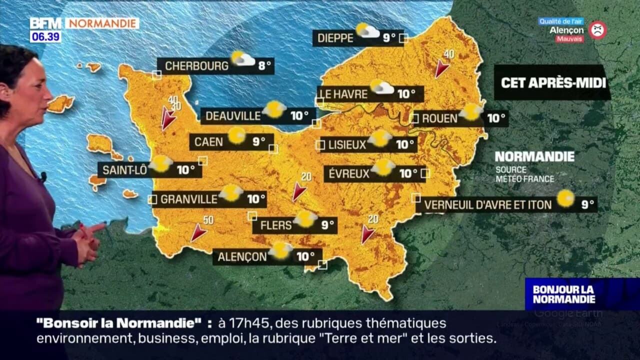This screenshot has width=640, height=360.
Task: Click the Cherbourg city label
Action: click(196, 66)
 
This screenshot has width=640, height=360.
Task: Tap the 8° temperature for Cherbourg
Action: click(264, 65)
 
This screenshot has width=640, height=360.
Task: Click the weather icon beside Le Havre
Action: click(381, 87)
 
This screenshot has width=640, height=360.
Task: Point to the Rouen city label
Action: click(439, 118)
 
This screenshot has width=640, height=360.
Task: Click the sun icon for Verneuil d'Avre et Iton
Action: click(565, 198)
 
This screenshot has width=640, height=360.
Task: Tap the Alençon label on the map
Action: click(242, 257)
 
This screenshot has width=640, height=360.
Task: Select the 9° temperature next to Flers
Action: click(327, 225)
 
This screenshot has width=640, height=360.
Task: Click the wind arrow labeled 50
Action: click(198, 232)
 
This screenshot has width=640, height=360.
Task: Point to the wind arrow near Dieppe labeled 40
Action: click(441, 68)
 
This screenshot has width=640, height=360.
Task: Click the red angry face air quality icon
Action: click(597, 30)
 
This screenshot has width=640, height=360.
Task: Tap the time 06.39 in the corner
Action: click(45, 36)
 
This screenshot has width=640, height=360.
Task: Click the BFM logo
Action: click(45, 23)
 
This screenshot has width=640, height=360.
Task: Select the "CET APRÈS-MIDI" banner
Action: click(552, 82)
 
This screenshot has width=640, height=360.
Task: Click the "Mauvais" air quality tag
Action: click(569, 39)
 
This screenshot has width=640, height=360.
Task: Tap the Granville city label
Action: click(188, 199)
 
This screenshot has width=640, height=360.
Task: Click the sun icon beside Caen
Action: click(236, 135)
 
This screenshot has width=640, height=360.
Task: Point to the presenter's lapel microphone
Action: click(43, 176)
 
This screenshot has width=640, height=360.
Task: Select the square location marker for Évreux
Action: click(425, 173)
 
